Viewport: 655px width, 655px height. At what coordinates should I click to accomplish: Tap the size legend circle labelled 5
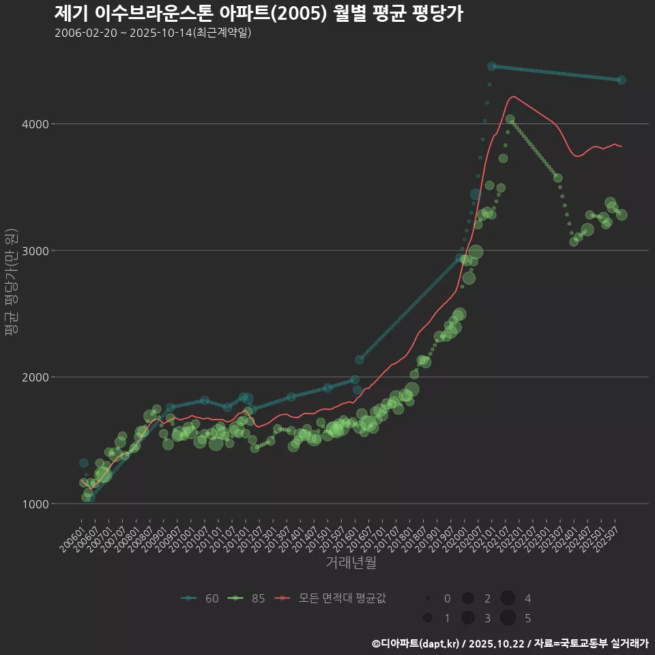point(508,618)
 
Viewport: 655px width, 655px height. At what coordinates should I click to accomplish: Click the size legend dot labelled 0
point(428,598)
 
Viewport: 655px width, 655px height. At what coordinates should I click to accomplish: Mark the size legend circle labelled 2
point(467,598)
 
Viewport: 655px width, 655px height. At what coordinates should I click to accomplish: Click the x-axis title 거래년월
point(351,562)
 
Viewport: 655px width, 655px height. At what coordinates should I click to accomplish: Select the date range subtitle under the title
point(153,33)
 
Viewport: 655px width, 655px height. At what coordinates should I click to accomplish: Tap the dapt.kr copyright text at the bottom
point(510,643)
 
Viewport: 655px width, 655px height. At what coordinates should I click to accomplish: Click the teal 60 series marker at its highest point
point(492,66)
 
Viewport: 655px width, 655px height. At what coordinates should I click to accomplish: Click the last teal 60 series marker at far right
point(621,80)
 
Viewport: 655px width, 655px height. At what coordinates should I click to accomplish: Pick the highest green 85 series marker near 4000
point(510,119)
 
